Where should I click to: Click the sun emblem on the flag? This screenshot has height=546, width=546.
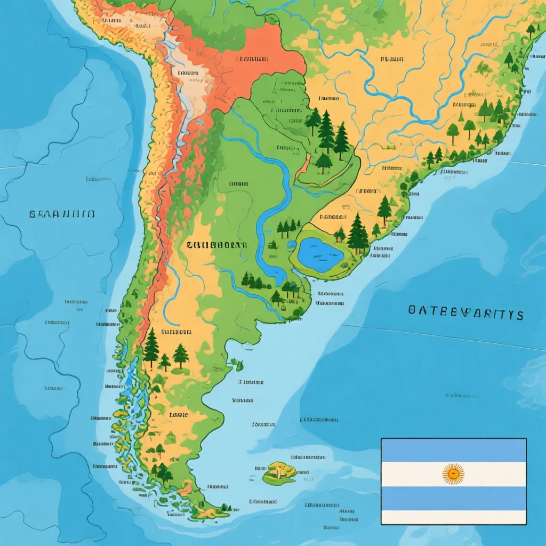[453, 473]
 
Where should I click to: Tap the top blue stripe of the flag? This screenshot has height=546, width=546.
[453, 450]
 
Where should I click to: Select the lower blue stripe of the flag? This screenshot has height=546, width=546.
[453, 498]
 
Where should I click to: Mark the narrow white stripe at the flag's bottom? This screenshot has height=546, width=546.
[453, 517]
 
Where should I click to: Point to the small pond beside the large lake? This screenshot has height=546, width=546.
[291, 245]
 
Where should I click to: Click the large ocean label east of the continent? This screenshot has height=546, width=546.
[465, 313]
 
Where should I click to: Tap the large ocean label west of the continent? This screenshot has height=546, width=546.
[62, 214]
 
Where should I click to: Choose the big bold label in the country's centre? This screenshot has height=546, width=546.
[217, 245]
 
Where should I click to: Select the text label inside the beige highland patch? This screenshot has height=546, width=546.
[188, 73]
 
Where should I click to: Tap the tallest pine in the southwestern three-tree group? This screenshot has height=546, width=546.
[151, 347]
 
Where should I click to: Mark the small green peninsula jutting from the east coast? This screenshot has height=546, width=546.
[236, 365]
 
